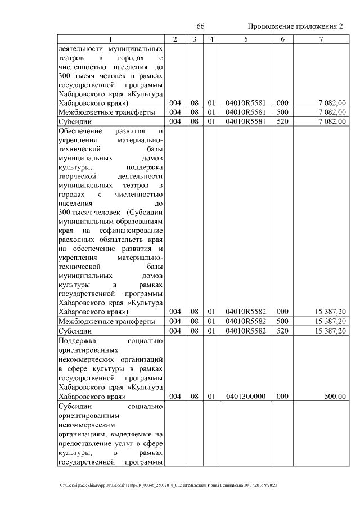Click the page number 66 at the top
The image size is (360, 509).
point(200,27)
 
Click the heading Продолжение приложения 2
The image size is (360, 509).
point(295,27)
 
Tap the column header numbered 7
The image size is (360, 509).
point(321,39)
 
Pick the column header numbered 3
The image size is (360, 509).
point(194,39)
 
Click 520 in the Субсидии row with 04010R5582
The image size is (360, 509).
point(282,331)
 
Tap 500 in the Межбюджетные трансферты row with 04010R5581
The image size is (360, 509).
point(282,112)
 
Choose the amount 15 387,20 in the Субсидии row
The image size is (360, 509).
point(327,331)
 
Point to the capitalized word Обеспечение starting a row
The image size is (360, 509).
point(81,131)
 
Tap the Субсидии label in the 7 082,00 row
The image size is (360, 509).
point(75,121)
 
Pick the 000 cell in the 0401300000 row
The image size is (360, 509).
point(282,397)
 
